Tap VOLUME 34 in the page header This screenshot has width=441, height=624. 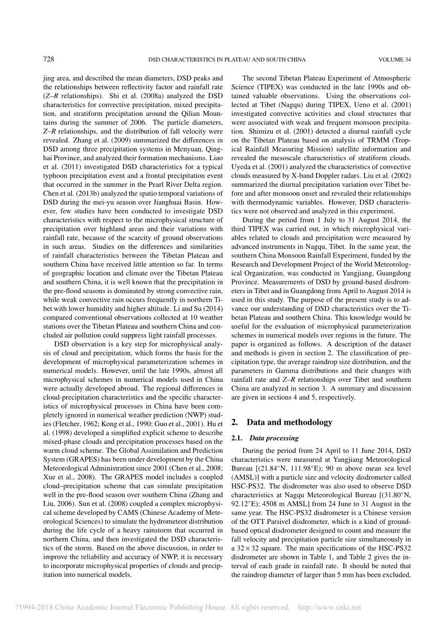pos(394,60)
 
